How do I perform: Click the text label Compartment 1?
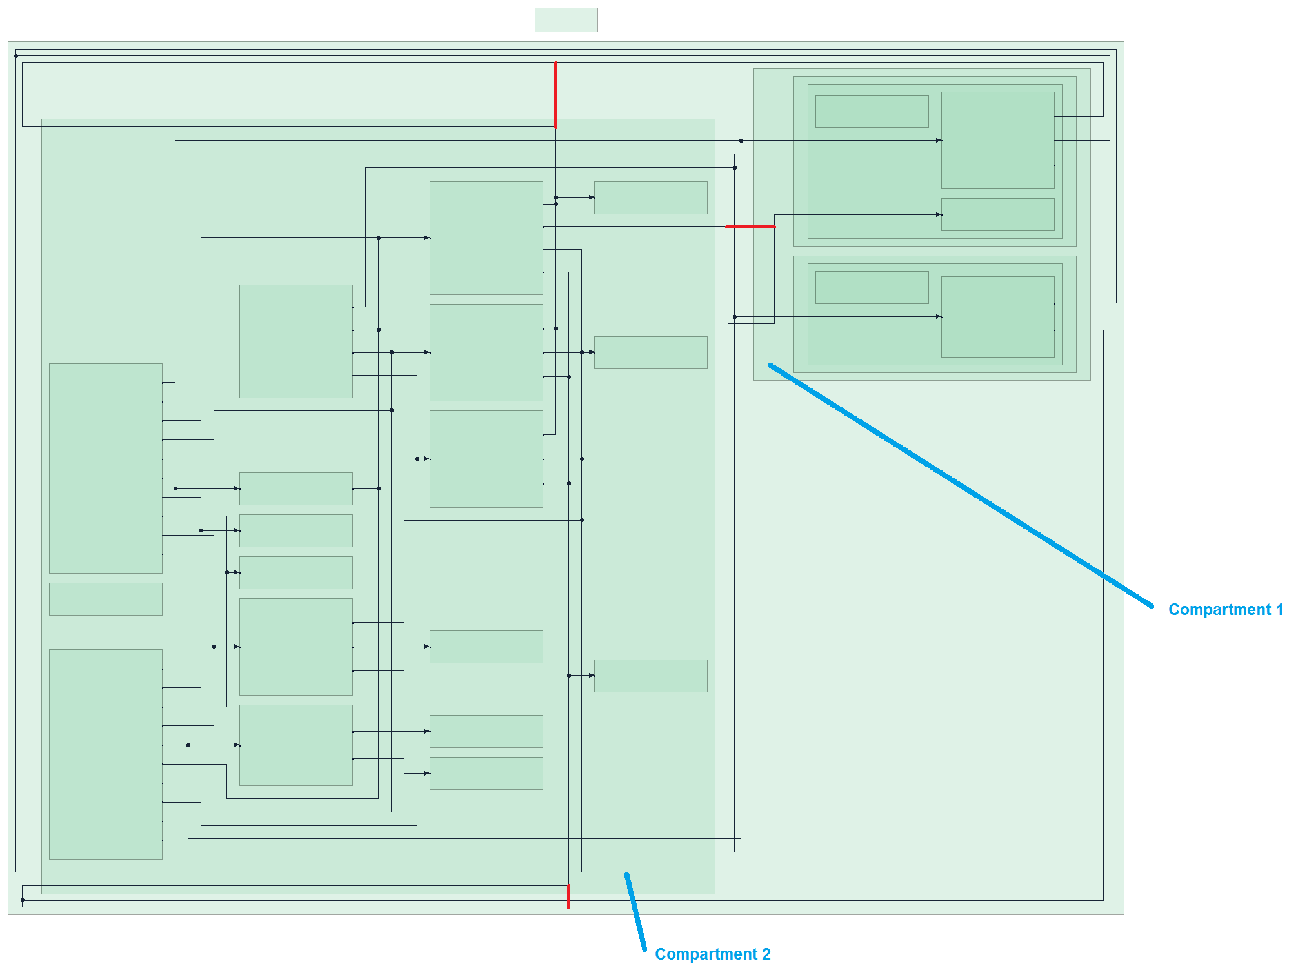[x=1225, y=610]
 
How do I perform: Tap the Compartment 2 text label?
[x=712, y=954]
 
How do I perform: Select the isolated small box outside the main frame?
[x=566, y=20]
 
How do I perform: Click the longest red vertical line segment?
[x=555, y=95]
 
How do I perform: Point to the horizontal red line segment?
[x=750, y=227]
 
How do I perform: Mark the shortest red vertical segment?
[x=568, y=896]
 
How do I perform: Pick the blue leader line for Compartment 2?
[x=635, y=912]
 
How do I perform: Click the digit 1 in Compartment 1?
[x=1279, y=610]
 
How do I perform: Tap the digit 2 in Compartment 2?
[x=766, y=954]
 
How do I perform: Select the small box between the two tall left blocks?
[x=105, y=599]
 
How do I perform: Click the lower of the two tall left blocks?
[x=105, y=754]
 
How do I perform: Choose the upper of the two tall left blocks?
[x=105, y=468]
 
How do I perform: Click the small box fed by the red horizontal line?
[x=997, y=214]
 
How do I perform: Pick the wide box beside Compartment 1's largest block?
[x=872, y=111]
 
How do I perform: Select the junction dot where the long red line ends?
[x=555, y=127]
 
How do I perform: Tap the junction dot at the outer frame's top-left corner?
[x=16, y=56]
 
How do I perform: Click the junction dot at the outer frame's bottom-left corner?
[x=23, y=900]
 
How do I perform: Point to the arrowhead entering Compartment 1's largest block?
[x=939, y=140]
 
